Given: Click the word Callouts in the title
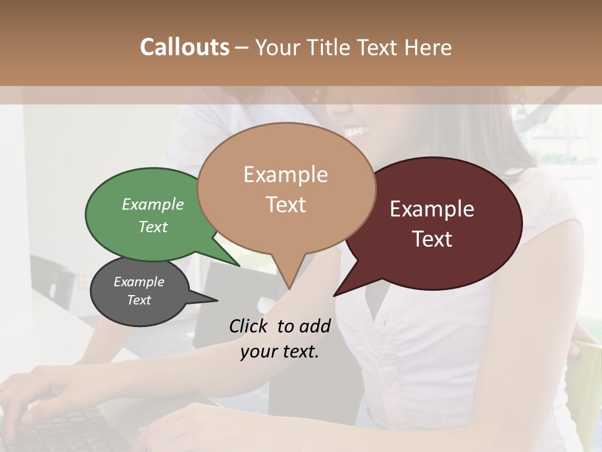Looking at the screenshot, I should click(x=184, y=47).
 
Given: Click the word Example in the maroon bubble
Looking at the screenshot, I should click(x=432, y=209).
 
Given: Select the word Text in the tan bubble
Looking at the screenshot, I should click(x=286, y=205).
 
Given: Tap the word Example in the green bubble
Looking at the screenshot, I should click(x=153, y=204).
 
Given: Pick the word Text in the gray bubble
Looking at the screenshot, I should click(x=139, y=300).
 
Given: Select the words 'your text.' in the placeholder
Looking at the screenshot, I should click(x=280, y=352).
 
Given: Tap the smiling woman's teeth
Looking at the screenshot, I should click(x=356, y=132).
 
